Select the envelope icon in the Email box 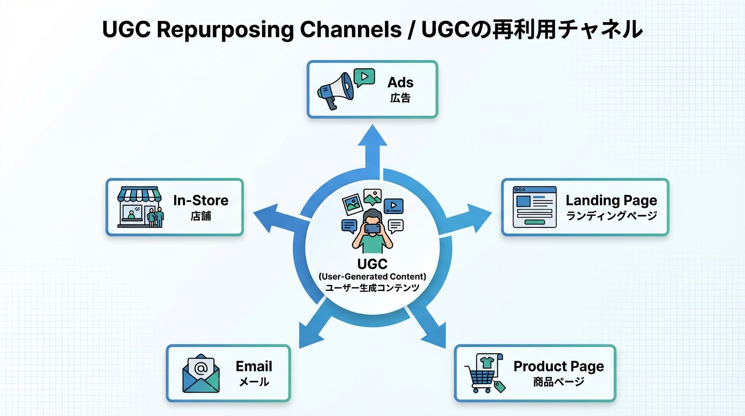pyautogui.click(x=201, y=373)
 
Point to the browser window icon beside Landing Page pyautogui.click(x=534, y=207)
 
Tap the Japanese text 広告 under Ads pyautogui.click(x=400, y=98)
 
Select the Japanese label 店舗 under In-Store pyautogui.click(x=200, y=216)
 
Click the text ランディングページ pyautogui.click(x=611, y=216)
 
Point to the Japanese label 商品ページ pyautogui.click(x=558, y=382)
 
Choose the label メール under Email pyautogui.click(x=254, y=382)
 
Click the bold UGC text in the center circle pyautogui.click(x=372, y=264)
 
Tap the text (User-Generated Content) pyautogui.click(x=372, y=277)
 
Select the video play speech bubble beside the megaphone pyautogui.click(x=364, y=77)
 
